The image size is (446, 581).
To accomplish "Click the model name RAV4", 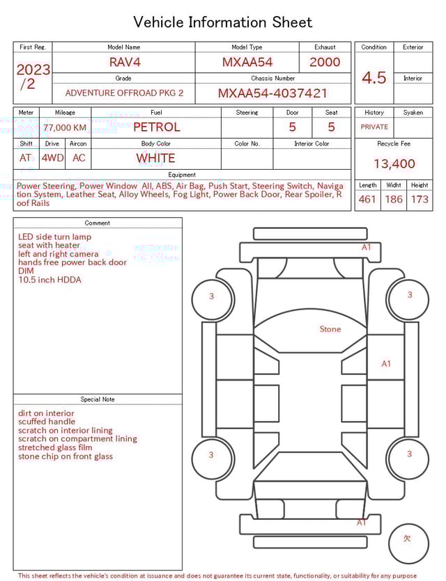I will [x=124, y=62].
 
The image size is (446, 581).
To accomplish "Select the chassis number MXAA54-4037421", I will [x=272, y=93].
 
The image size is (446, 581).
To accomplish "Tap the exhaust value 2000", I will [x=325, y=62].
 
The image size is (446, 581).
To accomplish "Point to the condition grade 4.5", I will [x=374, y=78].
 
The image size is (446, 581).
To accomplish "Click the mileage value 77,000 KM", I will [x=65, y=128].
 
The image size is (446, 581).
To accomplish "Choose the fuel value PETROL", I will [x=156, y=127].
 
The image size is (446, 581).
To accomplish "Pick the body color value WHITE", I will [x=155, y=158].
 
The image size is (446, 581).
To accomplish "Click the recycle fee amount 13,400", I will [x=394, y=164].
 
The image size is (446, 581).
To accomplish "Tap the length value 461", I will [x=367, y=200].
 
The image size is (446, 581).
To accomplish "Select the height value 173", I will [x=420, y=200].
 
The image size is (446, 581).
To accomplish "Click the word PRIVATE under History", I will [x=374, y=127].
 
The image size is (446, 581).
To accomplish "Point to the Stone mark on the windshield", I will [x=330, y=329].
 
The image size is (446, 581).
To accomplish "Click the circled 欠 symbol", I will [x=408, y=539].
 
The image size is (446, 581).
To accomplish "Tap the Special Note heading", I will [x=98, y=399].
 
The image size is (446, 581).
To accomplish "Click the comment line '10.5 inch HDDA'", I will [x=49, y=280].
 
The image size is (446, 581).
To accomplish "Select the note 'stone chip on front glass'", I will [x=66, y=456].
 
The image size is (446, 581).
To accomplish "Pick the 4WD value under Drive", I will [x=52, y=158].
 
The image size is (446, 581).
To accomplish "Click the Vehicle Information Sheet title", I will [x=223, y=22].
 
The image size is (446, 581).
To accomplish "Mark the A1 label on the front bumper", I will [x=367, y=247].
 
